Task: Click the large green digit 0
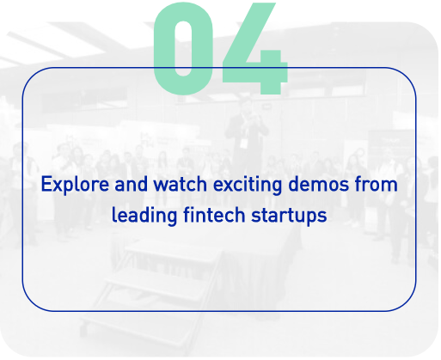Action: pos(183,49)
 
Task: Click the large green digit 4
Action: pos(255,49)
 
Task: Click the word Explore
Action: pos(75,185)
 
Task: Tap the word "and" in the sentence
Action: pos(132,184)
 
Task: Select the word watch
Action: pos(181,184)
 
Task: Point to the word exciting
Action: pos(248,185)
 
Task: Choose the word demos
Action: pos(319,184)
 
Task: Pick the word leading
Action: pos(144,216)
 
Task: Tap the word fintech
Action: pos(214,215)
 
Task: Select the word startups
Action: pos(289,216)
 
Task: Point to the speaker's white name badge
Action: pos(243,143)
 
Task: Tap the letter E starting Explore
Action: pos(46,184)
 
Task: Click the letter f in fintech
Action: pos(187,215)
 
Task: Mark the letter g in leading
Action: pos(172,219)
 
